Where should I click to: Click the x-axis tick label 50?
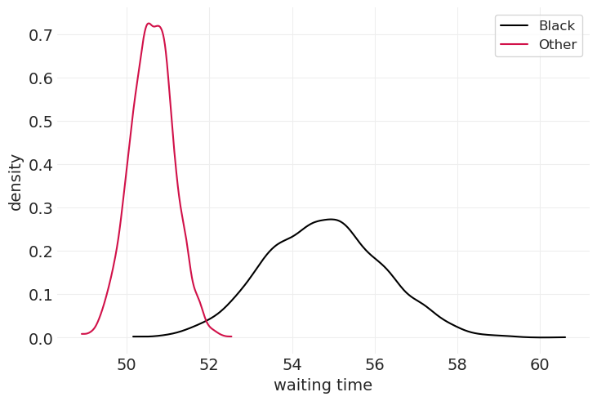point(127,364)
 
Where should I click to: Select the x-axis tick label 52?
point(209,364)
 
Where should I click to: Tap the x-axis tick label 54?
point(292,364)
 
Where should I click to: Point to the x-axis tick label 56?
point(375,364)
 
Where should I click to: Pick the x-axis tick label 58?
point(457,364)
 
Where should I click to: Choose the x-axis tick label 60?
point(540,364)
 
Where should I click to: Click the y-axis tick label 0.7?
point(40,35)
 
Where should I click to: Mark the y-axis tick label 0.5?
point(40,122)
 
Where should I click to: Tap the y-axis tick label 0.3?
point(40,208)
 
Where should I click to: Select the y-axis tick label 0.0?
point(40,338)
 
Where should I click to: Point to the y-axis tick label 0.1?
point(40,295)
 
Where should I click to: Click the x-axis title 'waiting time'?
point(323,385)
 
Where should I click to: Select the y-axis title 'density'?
point(16,182)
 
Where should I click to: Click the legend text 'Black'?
point(557,26)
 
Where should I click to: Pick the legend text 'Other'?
point(557,44)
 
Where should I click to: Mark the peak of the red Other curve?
point(149,24)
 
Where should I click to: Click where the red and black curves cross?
point(205,320)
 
